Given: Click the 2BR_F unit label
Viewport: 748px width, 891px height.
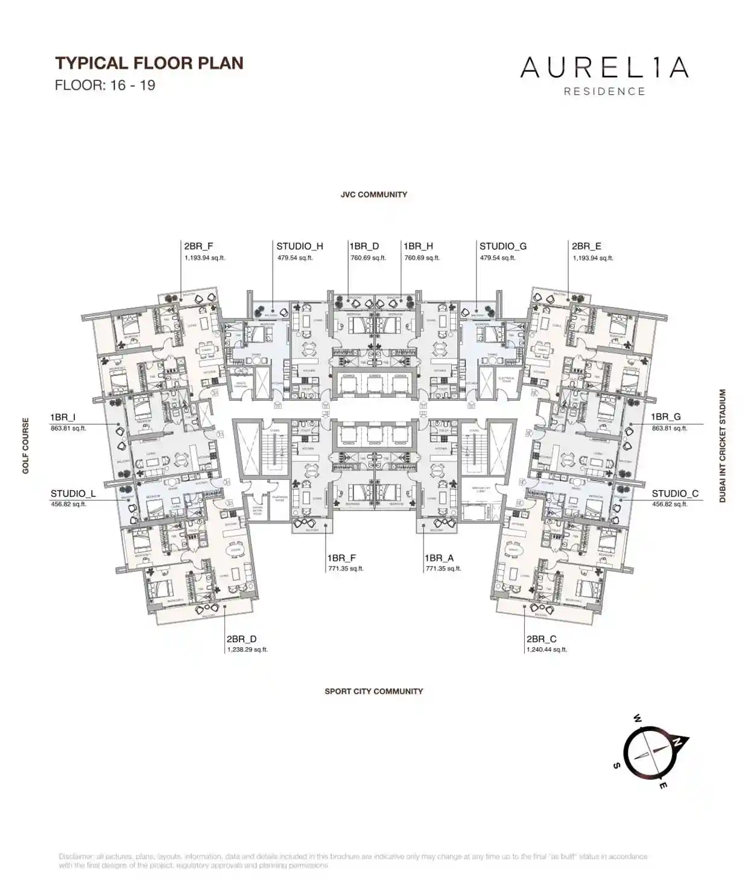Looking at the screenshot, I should [x=198, y=246].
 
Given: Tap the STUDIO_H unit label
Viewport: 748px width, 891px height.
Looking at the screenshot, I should [x=300, y=246].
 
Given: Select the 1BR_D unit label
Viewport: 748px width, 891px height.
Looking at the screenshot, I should [x=364, y=246].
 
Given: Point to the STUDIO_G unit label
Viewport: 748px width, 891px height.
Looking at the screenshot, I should [x=502, y=246].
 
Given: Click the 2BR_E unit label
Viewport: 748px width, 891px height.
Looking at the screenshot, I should [x=586, y=246].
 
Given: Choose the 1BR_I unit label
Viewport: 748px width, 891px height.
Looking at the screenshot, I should [x=63, y=417].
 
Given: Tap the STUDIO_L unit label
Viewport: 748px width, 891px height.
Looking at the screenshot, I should [x=73, y=494].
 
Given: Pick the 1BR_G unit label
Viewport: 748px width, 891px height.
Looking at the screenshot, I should [x=665, y=417].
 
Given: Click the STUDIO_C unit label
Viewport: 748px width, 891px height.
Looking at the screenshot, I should [x=675, y=494].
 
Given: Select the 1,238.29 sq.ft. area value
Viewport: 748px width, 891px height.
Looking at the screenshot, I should [x=247, y=650].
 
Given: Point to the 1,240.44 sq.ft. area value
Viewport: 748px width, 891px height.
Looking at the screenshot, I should [x=547, y=650].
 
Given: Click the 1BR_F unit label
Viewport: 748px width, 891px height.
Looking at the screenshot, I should [x=341, y=558].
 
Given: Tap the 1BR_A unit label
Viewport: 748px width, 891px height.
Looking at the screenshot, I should [x=439, y=558].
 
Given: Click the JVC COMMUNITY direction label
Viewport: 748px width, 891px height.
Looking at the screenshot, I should [x=373, y=194].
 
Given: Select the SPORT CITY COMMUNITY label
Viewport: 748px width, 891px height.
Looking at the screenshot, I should [x=373, y=691].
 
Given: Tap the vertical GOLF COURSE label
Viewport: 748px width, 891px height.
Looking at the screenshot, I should [x=26, y=445].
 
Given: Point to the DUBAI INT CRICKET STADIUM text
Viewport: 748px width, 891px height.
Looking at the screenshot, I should [x=723, y=445].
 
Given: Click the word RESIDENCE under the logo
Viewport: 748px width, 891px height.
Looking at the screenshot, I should [x=604, y=92].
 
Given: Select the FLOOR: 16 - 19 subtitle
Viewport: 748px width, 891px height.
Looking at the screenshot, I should [x=105, y=85].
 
